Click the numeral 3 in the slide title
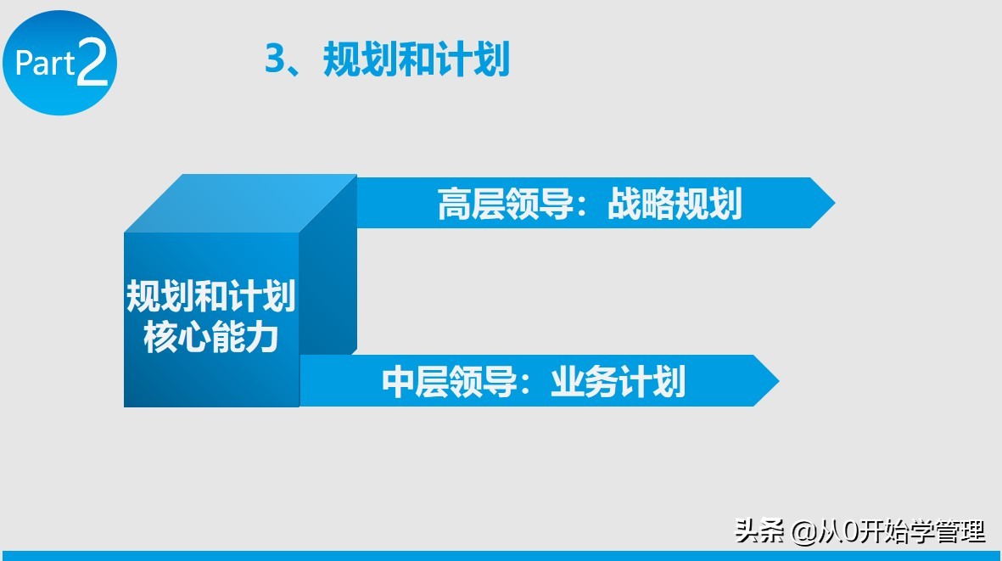(x=274, y=61)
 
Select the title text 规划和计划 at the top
(x=417, y=61)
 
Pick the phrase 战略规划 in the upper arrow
(x=675, y=205)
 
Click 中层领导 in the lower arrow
(x=449, y=382)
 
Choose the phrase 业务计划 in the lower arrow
(x=618, y=382)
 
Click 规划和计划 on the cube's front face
(x=210, y=298)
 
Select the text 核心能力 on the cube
(x=210, y=338)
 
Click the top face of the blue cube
(x=241, y=203)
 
